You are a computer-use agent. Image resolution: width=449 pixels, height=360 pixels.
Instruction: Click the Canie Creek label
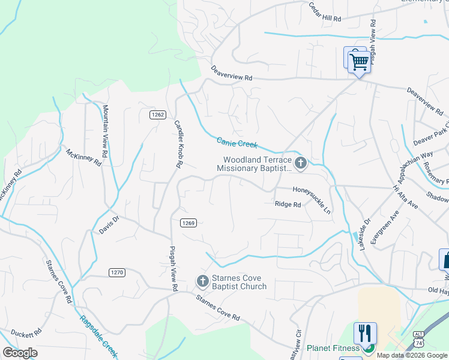pos(237,143)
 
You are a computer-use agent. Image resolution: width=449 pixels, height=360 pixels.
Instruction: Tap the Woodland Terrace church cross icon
pos(301,163)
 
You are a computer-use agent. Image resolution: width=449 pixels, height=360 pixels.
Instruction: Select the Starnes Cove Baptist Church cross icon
pos(203,281)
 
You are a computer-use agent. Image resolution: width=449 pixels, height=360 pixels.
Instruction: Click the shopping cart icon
pos(359,61)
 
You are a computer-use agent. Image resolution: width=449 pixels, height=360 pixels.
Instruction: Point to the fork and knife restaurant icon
pos(366,333)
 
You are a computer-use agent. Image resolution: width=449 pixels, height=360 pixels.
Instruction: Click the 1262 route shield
pos(158,115)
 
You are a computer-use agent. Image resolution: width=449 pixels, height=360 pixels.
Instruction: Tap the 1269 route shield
pos(188,223)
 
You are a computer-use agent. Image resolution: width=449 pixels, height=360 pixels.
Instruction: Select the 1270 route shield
pos(117,272)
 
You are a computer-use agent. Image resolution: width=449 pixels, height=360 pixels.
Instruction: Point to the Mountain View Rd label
pos(105,131)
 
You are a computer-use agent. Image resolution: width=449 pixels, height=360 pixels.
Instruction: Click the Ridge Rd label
pos(288,205)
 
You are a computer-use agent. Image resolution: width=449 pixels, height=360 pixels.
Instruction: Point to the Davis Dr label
pos(112,225)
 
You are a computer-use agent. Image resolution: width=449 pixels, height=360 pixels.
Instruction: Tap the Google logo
pos(20,353)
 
